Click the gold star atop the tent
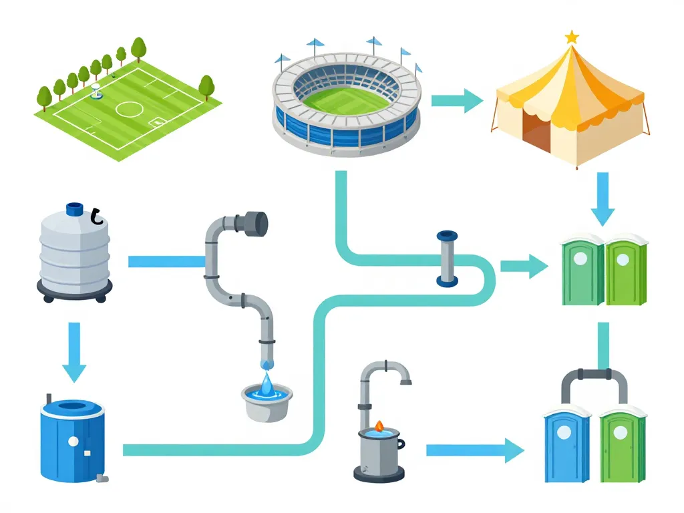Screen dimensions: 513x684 [x=572, y=37]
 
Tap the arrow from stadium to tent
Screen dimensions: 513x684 [x=458, y=102]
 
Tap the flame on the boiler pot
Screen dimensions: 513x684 [x=379, y=425]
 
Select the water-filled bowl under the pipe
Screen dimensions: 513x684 [x=267, y=401]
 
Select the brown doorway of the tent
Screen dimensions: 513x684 [x=536, y=131]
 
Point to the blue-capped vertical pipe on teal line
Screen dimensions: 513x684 [x=447, y=259]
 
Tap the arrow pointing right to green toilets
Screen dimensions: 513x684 [x=524, y=266]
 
